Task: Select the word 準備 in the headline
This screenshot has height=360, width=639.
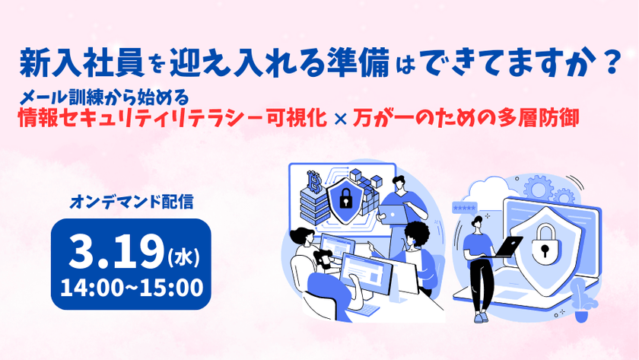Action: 361,63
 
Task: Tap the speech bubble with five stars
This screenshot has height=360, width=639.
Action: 465,207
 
